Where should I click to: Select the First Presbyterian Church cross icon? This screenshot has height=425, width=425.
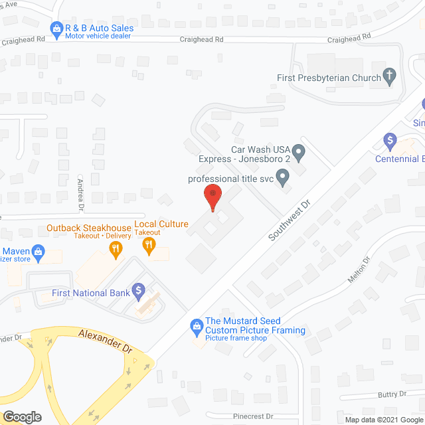[390, 78]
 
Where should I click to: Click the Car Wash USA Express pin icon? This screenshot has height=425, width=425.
[299, 154]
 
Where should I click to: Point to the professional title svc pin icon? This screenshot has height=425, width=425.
[283, 178]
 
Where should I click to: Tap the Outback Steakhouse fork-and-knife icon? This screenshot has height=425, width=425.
[116, 250]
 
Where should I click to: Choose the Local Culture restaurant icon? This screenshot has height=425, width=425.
[149, 246]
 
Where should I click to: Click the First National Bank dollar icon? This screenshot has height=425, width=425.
[138, 290]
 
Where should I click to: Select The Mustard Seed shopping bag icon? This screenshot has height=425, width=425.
[197, 325]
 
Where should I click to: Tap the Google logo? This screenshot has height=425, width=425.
[22, 417]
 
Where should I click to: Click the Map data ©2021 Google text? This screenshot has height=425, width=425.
[383, 420]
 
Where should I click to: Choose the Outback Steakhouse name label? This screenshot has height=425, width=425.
[89, 226]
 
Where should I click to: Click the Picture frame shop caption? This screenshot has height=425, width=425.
[236, 339]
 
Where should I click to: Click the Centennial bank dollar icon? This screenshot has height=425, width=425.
[390, 141]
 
